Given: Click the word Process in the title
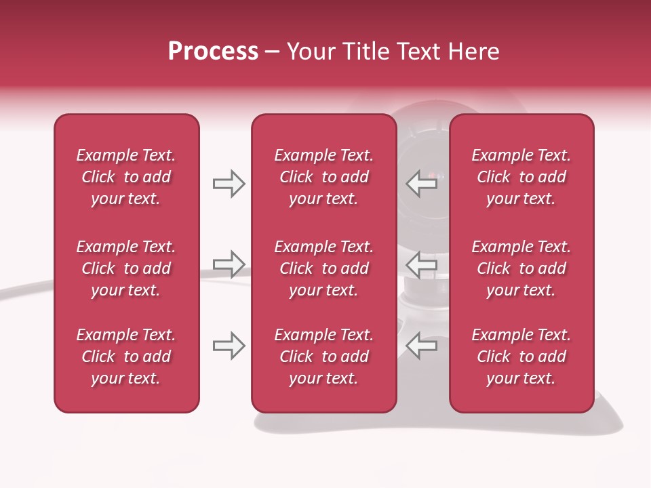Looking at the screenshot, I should click(213, 52).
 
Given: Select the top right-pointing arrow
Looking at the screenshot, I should click(229, 184).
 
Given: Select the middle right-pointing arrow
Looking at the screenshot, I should click(229, 264).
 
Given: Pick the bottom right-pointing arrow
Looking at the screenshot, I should click(229, 346).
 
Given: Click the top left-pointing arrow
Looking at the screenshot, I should click(422, 184).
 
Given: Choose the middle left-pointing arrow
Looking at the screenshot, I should click(422, 264).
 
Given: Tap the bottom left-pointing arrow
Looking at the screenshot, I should click(422, 346).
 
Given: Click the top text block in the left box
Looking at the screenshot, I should click(126, 177).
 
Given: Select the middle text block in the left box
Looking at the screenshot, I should click(126, 268).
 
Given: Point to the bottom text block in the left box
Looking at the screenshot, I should click(126, 357).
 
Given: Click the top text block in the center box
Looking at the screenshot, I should click(323, 177).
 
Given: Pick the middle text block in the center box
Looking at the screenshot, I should click(323, 268).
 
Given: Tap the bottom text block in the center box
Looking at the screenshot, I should click(323, 357).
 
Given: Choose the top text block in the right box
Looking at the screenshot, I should click(521, 177).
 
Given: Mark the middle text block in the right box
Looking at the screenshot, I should click(521, 268).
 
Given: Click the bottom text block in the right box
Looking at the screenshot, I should click(521, 357).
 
